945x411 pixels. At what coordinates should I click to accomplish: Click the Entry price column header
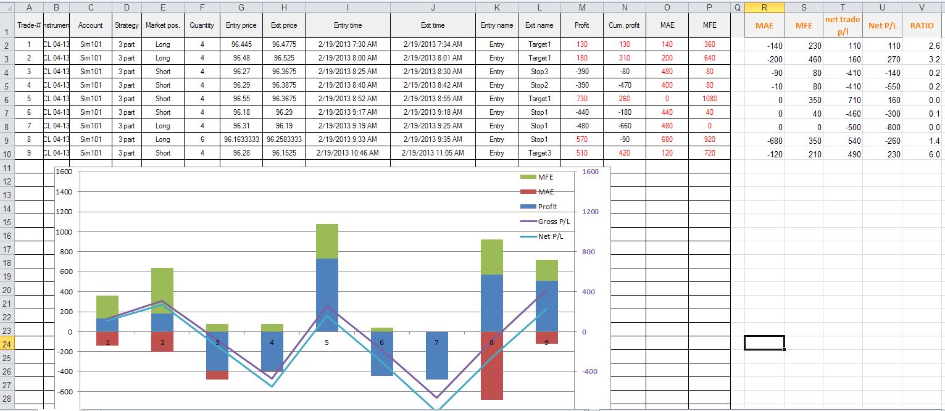(241, 25)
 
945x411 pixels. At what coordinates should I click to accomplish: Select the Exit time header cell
(433, 25)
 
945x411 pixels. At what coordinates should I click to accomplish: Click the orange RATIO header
(922, 26)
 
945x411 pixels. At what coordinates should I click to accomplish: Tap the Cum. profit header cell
(625, 25)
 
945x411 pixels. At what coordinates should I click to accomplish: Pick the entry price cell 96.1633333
(241, 139)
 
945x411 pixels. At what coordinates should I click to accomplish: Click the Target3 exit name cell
(539, 153)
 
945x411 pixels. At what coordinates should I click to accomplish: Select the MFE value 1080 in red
(710, 99)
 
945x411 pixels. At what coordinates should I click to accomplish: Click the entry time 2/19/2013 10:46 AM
(348, 153)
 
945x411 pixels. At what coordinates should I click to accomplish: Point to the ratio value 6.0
(934, 154)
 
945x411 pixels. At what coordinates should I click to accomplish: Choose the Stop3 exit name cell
(539, 72)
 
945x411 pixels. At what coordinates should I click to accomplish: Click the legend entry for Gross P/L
(545, 222)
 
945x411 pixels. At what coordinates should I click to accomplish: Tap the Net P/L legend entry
(542, 236)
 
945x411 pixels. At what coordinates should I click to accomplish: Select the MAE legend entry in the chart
(537, 192)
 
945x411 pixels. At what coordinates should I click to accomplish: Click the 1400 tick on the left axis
(64, 191)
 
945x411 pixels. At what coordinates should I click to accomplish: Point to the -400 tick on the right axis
(589, 372)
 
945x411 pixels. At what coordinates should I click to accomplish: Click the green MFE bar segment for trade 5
(327, 241)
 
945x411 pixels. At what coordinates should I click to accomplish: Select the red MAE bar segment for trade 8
(492, 365)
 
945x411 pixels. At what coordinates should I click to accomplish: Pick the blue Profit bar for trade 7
(436, 355)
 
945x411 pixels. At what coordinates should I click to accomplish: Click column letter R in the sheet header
(764, 7)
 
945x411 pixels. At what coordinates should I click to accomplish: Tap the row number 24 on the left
(7, 344)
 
